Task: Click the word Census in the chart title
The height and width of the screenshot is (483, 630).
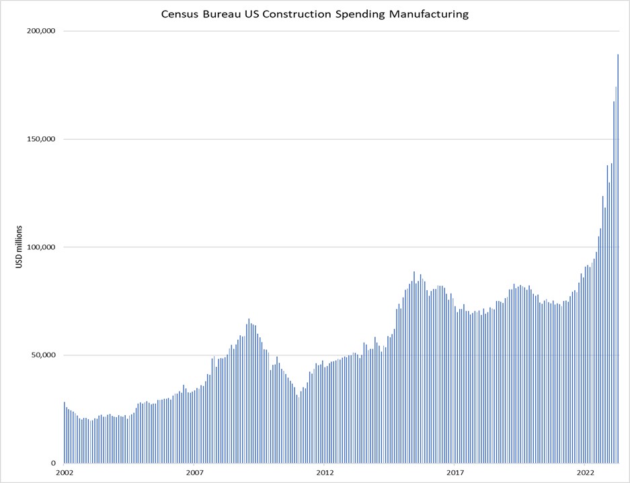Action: [x=181, y=14]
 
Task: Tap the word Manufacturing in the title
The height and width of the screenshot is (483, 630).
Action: [x=429, y=14]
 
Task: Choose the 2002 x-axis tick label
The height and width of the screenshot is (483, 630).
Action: [x=64, y=473]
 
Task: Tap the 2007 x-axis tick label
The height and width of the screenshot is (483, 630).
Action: [x=194, y=473]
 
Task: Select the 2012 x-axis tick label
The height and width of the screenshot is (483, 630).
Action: [x=325, y=473]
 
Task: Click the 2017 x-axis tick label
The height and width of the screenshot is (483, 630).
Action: [x=455, y=473]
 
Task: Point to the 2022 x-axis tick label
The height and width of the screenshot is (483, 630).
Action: [x=586, y=473]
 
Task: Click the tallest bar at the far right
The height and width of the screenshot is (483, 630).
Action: [x=618, y=269]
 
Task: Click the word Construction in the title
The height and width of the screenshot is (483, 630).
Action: [x=292, y=14]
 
